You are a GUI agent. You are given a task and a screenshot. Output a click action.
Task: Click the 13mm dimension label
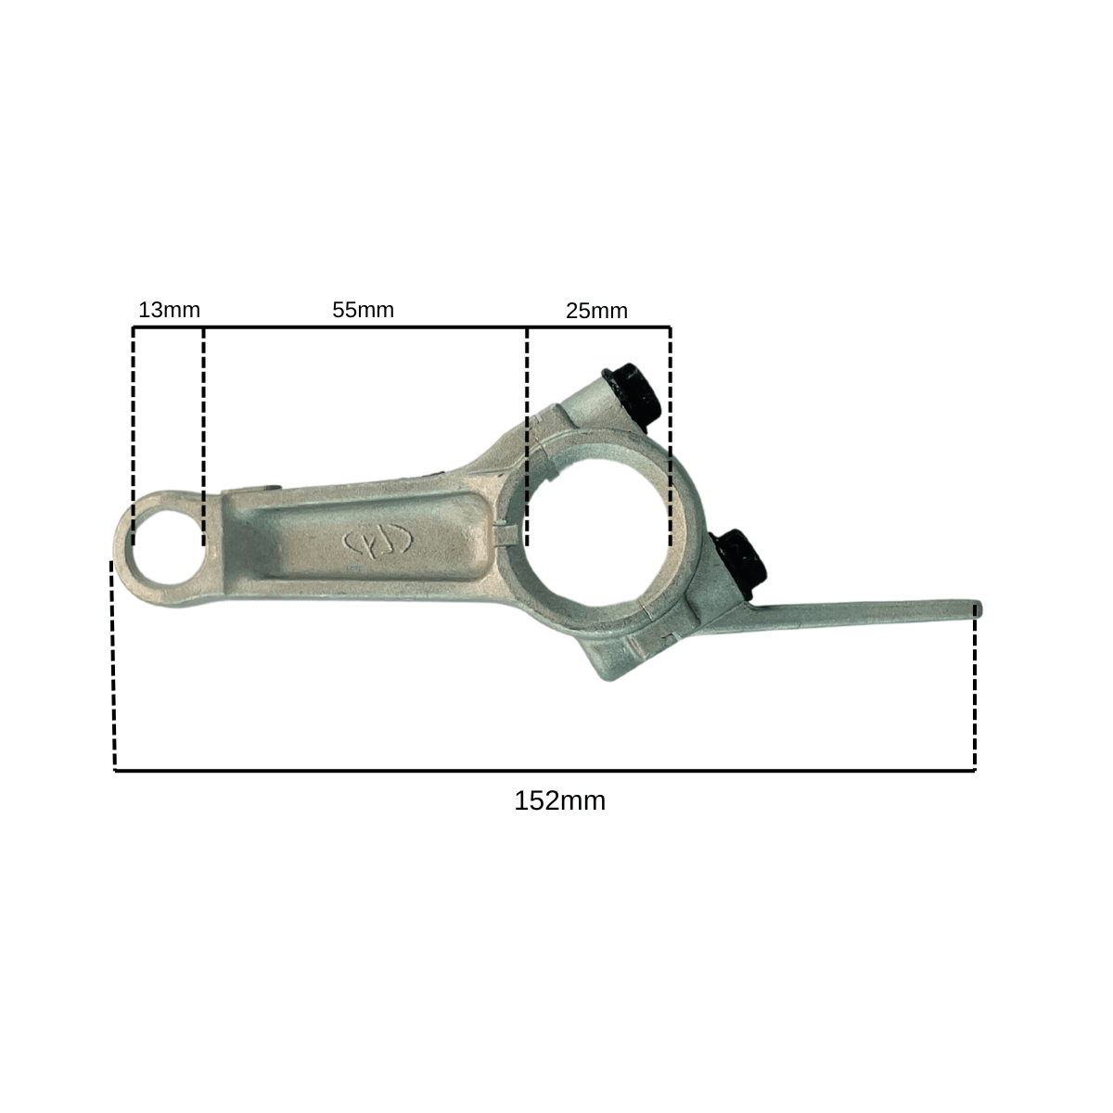[169, 310]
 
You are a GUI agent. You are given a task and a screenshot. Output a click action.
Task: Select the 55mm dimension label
[363, 310]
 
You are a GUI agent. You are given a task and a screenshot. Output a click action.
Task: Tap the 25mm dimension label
[596, 312]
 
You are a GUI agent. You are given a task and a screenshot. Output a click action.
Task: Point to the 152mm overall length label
[559, 801]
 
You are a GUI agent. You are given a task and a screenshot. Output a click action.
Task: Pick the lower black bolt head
[740, 564]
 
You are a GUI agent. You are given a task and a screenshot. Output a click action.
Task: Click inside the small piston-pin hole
[168, 547]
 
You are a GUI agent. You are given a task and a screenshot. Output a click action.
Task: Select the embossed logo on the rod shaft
[378, 541]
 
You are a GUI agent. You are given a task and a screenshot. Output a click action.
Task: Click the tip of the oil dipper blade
[979, 610]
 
